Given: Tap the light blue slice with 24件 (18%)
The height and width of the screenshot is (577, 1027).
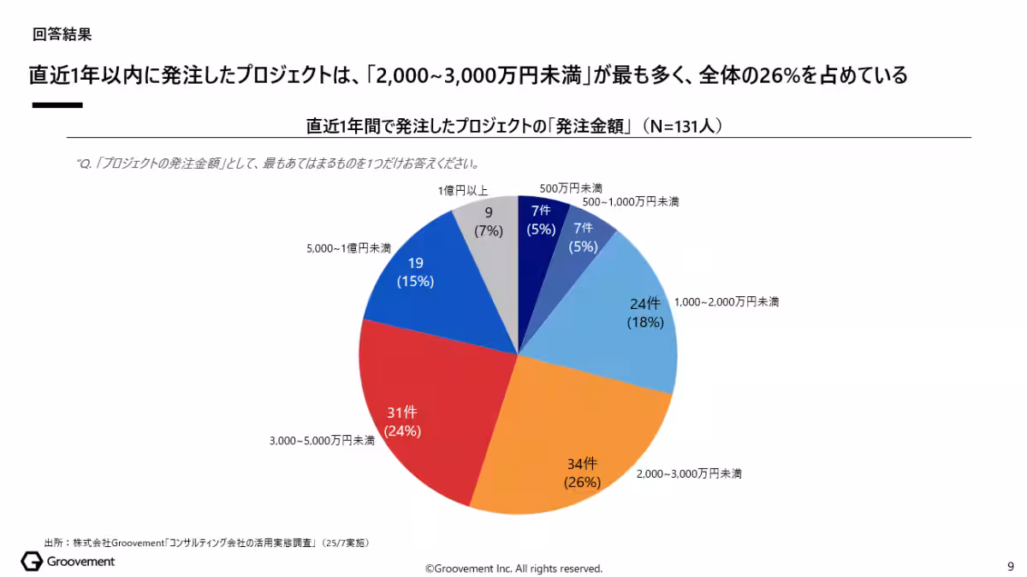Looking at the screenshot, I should [x=616, y=325].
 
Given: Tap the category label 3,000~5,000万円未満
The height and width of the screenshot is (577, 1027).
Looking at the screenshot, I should [x=322, y=441].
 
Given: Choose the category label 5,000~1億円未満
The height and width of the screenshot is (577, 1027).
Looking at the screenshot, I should [x=348, y=249].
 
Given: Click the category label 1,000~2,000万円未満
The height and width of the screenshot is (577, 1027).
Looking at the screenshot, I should [x=727, y=302].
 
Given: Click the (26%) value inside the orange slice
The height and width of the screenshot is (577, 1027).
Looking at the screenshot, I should [x=582, y=482].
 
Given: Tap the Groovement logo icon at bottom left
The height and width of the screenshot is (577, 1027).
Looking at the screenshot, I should [x=32, y=562].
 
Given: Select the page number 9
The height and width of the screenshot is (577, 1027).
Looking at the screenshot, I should [x=1011, y=566].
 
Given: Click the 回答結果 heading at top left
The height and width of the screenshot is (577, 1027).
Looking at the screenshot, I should [x=62, y=35].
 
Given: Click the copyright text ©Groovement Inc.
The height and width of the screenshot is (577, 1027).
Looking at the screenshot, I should [x=514, y=568].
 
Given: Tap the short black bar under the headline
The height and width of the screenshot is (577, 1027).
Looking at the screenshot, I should [x=57, y=105].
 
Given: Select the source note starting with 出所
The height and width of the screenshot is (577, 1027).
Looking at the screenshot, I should [x=206, y=543].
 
